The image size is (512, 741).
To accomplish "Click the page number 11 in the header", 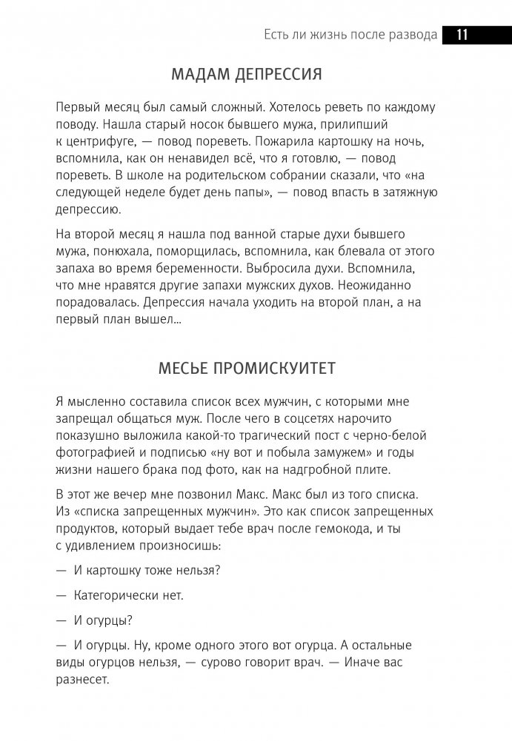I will (461, 34).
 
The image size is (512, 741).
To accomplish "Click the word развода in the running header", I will (408, 35).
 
